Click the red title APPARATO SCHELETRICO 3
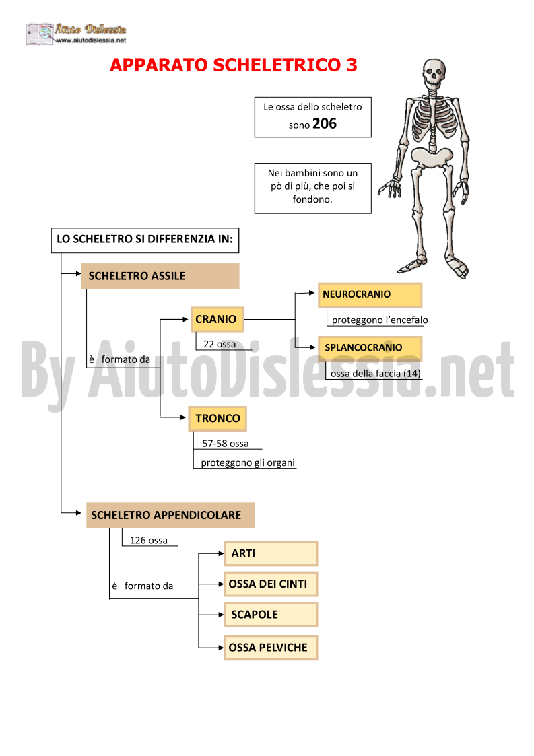click(x=234, y=65)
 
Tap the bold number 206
click(x=325, y=123)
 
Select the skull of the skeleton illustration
click(x=434, y=74)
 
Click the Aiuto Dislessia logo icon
click(x=40, y=34)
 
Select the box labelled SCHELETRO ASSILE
click(x=160, y=276)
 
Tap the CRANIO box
click(x=217, y=319)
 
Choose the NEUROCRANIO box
click(x=370, y=295)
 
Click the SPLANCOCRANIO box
click(x=370, y=348)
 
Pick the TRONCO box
click(x=218, y=419)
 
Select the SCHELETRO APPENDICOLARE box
click(x=170, y=515)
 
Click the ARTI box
click(x=271, y=553)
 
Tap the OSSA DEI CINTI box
click(x=271, y=584)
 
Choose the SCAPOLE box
click(x=271, y=614)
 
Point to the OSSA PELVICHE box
click(x=271, y=648)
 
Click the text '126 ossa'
click(x=149, y=541)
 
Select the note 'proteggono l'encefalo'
click(x=380, y=320)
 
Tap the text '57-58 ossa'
click(x=226, y=444)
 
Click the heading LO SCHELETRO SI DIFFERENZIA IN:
click(x=145, y=239)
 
